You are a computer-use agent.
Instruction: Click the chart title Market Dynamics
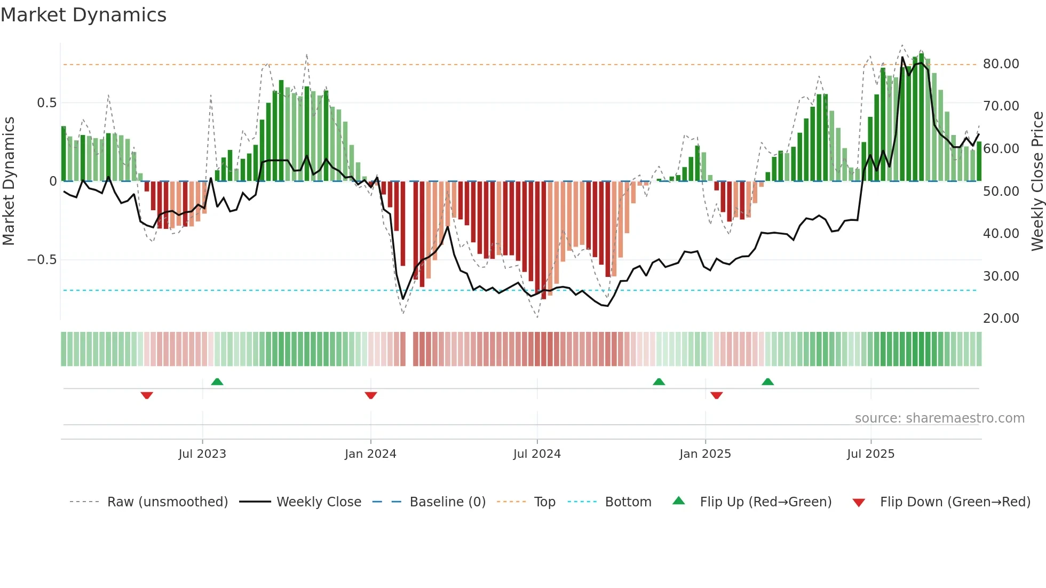pyautogui.click(x=83, y=15)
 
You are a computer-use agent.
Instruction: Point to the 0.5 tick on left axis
pyautogui.click(x=46, y=103)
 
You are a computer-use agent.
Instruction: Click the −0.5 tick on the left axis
pyautogui.click(x=42, y=260)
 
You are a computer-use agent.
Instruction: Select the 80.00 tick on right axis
pyautogui.click(x=1001, y=64)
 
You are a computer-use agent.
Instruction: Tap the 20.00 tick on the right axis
pyautogui.click(x=1001, y=319)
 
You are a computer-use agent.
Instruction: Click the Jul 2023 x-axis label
pyautogui.click(x=202, y=454)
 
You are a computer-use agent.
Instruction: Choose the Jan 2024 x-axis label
pyautogui.click(x=370, y=454)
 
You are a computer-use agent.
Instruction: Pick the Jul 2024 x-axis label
pyautogui.click(x=537, y=454)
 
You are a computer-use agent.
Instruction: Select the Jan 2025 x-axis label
pyautogui.click(x=705, y=454)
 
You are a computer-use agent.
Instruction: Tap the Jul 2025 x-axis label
pyautogui.click(x=870, y=454)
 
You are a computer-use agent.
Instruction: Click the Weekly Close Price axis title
pyautogui.click(x=1037, y=181)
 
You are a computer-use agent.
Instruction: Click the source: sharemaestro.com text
pyautogui.click(x=939, y=418)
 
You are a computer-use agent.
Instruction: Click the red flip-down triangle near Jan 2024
pyautogui.click(x=371, y=395)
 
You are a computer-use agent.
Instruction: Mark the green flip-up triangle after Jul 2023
pyautogui.click(x=217, y=382)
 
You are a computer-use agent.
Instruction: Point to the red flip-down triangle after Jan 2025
pyautogui.click(x=717, y=395)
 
